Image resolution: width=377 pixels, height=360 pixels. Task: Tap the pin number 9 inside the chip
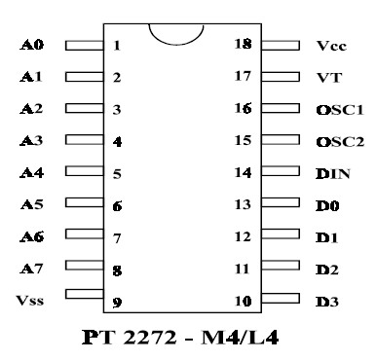click(x=117, y=302)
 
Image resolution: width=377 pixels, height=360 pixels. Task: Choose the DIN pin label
click(x=332, y=174)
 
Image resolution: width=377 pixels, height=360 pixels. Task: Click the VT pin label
click(x=328, y=78)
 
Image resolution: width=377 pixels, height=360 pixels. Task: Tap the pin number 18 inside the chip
click(x=243, y=45)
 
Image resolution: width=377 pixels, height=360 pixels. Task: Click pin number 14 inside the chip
click(x=243, y=173)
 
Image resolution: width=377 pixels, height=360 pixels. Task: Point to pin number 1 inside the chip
click(x=117, y=46)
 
